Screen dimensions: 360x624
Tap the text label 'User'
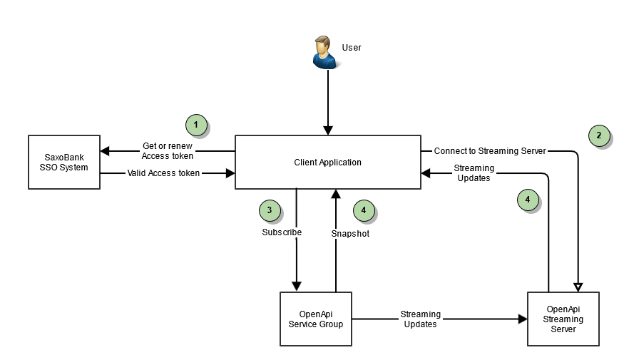(x=352, y=48)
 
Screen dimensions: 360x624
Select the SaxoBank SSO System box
(x=64, y=162)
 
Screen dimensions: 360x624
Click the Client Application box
(x=327, y=162)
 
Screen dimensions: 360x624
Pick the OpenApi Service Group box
(x=315, y=319)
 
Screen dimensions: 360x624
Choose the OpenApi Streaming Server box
(x=563, y=319)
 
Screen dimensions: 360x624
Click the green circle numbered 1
(x=196, y=125)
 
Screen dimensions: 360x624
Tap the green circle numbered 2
(x=599, y=135)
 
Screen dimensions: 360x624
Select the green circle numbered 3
(x=270, y=210)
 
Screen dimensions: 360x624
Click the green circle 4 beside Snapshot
(x=364, y=210)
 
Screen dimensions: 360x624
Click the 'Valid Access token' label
(x=163, y=173)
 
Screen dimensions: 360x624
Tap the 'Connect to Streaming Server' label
(x=489, y=151)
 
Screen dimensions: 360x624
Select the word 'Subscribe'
(x=282, y=232)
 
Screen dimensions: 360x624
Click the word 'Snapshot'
(x=350, y=234)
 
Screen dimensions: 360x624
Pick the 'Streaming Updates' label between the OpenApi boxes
(x=420, y=319)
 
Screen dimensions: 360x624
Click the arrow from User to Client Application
(x=327, y=100)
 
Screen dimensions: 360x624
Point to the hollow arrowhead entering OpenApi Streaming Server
(x=577, y=287)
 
